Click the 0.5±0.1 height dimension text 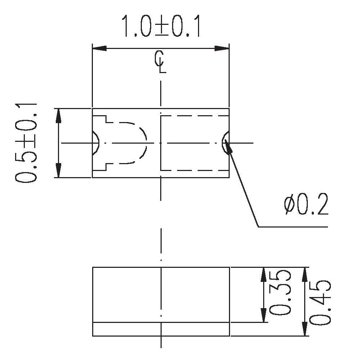coord(27,143)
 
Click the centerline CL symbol coord(161,62)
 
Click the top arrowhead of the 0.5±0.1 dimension coord(59,115)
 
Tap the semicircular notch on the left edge coord(95,143)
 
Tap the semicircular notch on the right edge coord(226,143)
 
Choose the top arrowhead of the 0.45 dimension coord(305,274)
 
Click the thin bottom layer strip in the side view coord(161,329)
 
